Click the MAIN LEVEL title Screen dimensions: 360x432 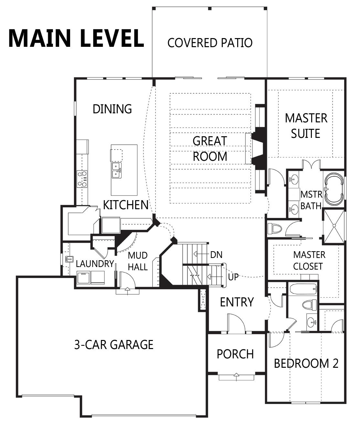(x=76, y=38)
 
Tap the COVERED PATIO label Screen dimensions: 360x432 (x=210, y=43)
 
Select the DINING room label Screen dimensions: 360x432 (x=112, y=109)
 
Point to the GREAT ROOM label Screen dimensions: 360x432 (x=210, y=149)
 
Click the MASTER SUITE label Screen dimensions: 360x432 (x=306, y=126)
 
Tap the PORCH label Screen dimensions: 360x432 (x=235, y=354)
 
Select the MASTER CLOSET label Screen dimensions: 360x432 (x=309, y=261)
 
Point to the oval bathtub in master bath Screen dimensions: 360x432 (x=334, y=189)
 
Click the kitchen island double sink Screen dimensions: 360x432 (x=117, y=170)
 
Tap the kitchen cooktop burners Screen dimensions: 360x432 (x=82, y=179)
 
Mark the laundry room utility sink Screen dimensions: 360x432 (x=69, y=259)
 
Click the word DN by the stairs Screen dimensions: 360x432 (x=216, y=255)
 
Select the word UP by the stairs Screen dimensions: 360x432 (x=233, y=277)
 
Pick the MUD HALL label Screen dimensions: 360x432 (x=138, y=261)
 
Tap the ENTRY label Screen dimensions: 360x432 (x=237, y=302)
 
